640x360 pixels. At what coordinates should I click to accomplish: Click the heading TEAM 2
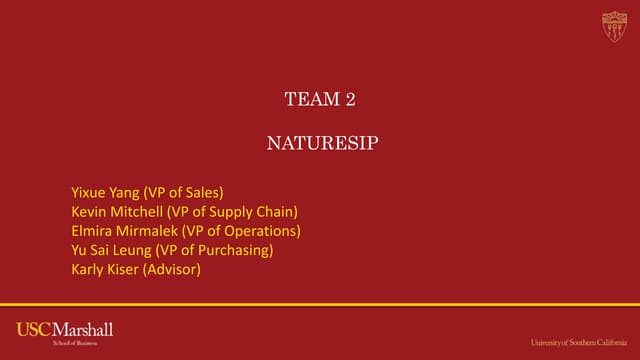tap(320, 99)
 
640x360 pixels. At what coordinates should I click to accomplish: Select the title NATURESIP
tap(322, 143)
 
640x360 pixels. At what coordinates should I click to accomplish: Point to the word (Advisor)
tap(173, 269)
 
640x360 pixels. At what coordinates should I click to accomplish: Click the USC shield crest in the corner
tap(614, 27)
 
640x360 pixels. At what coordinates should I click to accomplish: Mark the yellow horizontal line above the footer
tap(320, 304)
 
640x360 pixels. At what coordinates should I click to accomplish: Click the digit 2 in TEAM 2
tap(350, 99)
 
